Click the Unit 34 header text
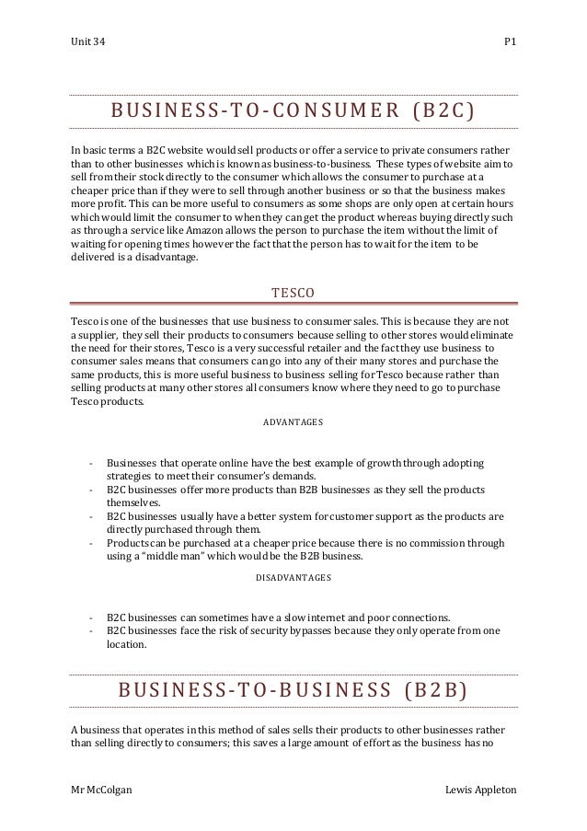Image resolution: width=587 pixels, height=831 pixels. (x=87, y=44)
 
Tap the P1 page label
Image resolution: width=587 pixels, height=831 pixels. (x=510, y=44)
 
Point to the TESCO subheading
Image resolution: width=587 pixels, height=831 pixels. (x=293, y=294)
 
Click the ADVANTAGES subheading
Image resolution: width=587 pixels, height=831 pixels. (x=293, y=422)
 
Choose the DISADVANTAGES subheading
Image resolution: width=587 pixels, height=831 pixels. (x=293, y=578)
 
